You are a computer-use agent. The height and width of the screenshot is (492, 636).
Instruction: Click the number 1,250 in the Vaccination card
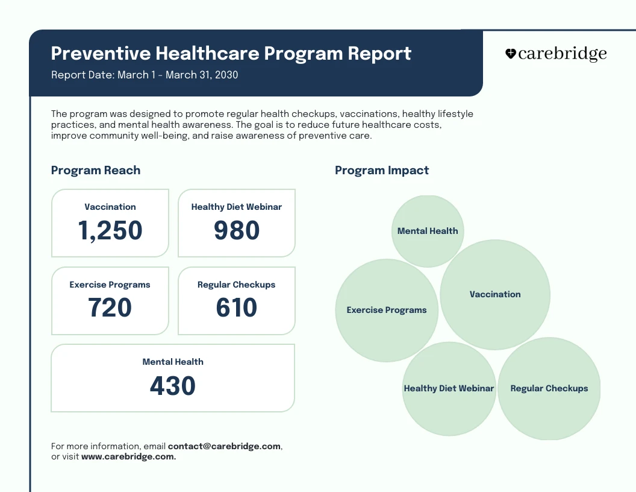(110, 231)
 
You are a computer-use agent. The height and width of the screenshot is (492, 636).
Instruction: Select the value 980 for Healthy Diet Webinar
(237, 231)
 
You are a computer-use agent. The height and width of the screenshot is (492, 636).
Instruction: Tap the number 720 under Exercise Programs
(110, 308)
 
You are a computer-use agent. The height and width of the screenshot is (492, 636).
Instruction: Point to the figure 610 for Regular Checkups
(237, 308)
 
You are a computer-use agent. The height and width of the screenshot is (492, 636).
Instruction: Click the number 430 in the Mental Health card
(173, 386)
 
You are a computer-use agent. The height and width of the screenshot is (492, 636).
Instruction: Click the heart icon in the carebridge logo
(510, 54)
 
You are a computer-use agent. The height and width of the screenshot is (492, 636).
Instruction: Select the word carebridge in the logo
(562, 54)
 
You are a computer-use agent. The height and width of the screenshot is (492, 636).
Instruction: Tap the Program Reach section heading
(96, 170)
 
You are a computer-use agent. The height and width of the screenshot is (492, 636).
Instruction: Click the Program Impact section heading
(382, 170)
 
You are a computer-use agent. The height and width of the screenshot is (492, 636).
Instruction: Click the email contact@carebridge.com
(224, 446)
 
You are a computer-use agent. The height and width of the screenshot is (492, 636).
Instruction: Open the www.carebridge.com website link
(128, 457)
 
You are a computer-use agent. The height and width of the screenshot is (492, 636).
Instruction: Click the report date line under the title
(145, 75)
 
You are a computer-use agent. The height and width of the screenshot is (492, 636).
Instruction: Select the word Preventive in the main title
(101, 53)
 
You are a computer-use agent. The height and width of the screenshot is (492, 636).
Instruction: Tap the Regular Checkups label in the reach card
(236, 285)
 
